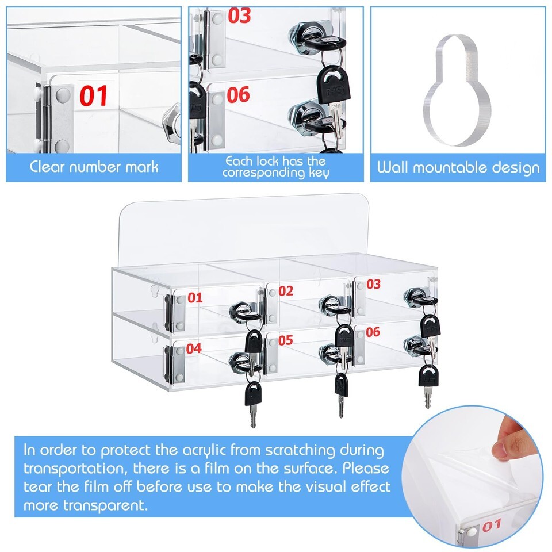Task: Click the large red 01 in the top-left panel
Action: tap(93, 96)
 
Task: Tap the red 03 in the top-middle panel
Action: tap(239, 16)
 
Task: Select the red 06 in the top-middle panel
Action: tap(238, 95)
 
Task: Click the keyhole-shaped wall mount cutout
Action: tap(457, 90)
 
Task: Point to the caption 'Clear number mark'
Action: tap(94, 167)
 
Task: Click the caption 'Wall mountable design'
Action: tap(458, 167)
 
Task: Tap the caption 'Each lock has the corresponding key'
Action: tap(275, 167)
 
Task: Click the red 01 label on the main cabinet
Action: tap(195, 298)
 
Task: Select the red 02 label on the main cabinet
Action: tap(286, 291)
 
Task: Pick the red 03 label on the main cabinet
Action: tap(374, 284)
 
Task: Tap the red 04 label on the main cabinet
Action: tap(194, 348)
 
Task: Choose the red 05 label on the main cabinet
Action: tap(286, 340)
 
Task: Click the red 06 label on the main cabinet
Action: tap(373, 332)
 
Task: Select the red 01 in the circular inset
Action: tap(492, 526)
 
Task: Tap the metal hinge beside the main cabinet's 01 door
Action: tap(168, 314)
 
